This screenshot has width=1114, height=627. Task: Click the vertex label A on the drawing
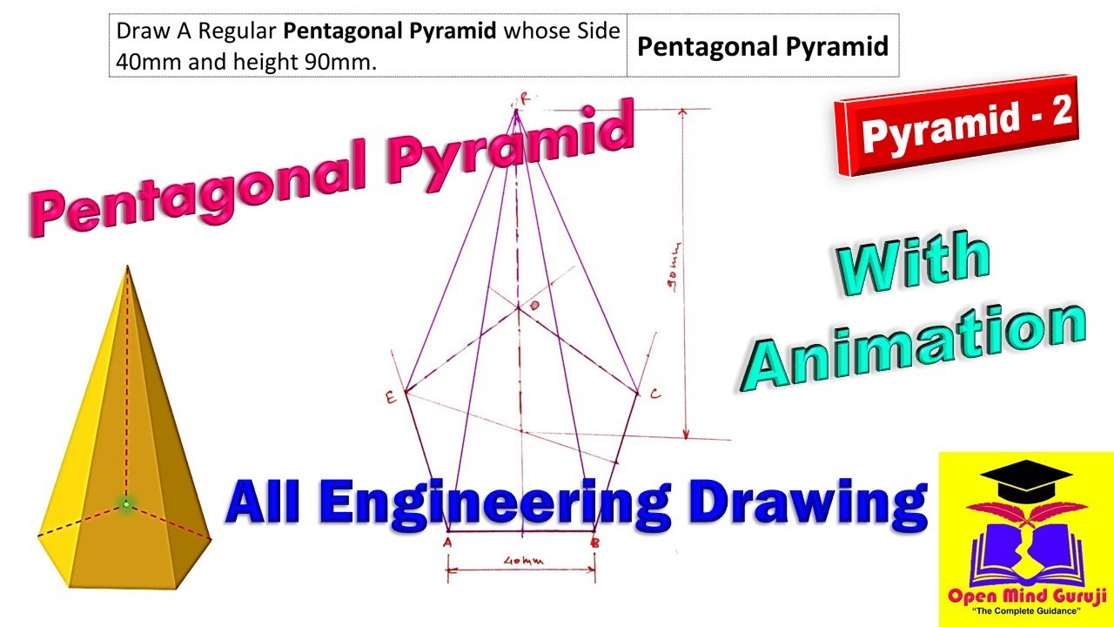pyautogui.click(x=446, y=542)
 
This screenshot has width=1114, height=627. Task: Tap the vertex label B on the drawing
pyautogui.click(x=594, y=542)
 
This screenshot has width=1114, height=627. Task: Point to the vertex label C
pyautogui.click(x=655, y=394)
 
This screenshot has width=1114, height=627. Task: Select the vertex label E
pyautogui.click(x=391, y=398)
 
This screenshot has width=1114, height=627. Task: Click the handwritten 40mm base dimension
pyautogui.click(x=523, y=561)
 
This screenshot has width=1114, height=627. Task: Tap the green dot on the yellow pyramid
pyautogui.click(x=126, y=503)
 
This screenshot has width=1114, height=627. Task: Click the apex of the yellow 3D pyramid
pyautogui.click(x=128, y=267)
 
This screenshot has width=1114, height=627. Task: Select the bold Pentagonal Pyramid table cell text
pyautogui.click(x=762, y=46)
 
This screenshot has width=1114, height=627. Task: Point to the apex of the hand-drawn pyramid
pyautogui.click(x=517, y=110)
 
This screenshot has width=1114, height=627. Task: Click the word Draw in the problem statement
pyautogui.click(x=137, y=32)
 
